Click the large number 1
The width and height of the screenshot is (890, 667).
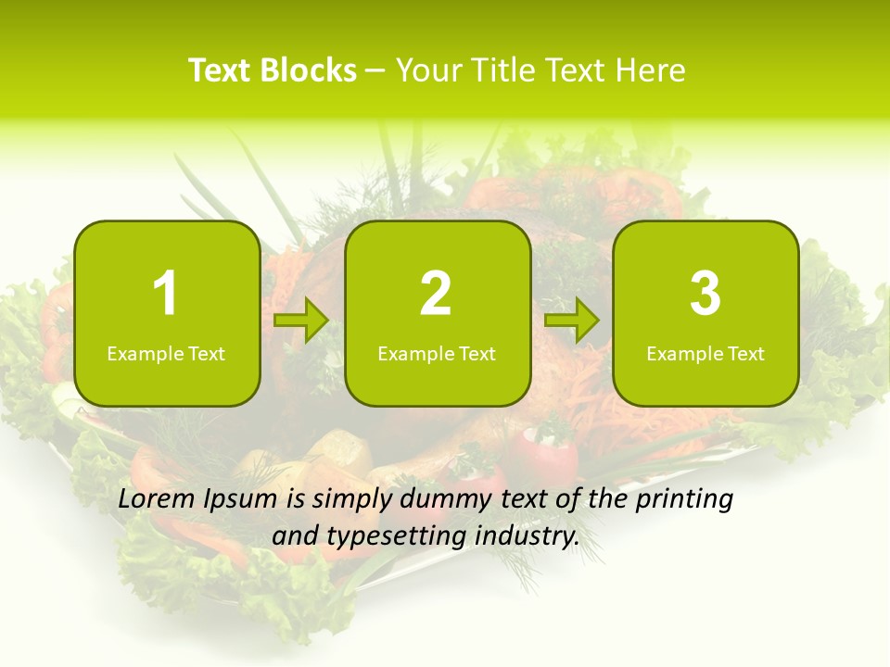click(166, 294)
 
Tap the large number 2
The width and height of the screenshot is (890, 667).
click(436, 294)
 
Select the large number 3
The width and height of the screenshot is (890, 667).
click(706, 294)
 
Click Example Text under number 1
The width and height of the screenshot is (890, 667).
click(166, 354)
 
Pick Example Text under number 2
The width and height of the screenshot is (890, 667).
click(437, 354)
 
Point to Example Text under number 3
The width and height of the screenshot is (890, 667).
click(706, 354)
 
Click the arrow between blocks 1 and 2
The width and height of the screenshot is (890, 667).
click(302, 321)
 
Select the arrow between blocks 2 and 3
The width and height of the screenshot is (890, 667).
click(572, 321)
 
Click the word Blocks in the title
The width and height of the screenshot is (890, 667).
click(310, 70)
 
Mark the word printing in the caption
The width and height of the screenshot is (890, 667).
click(684, 500)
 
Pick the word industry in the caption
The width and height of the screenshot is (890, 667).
click(527, 536)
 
